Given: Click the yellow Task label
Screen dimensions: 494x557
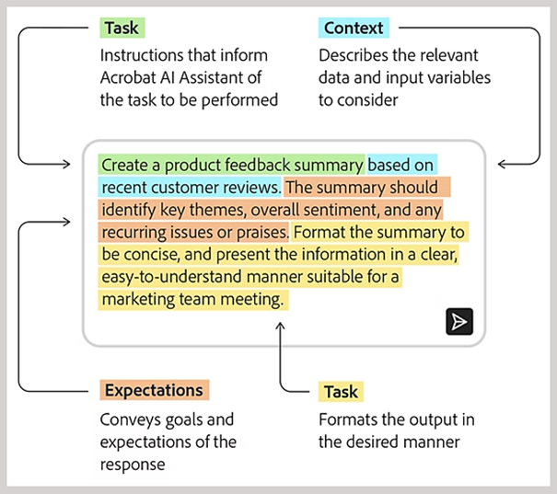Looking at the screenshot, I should tap(341, 392).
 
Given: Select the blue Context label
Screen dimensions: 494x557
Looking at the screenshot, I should tap(354, 28).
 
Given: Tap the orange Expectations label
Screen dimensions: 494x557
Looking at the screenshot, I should tap(154, 390).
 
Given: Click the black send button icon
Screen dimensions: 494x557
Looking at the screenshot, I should tap(458, 321).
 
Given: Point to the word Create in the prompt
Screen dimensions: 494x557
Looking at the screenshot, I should tap(124, 166).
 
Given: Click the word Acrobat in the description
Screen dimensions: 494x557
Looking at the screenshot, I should tap(129, 77).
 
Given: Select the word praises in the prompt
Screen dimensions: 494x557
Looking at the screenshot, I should tap(263, 232).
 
